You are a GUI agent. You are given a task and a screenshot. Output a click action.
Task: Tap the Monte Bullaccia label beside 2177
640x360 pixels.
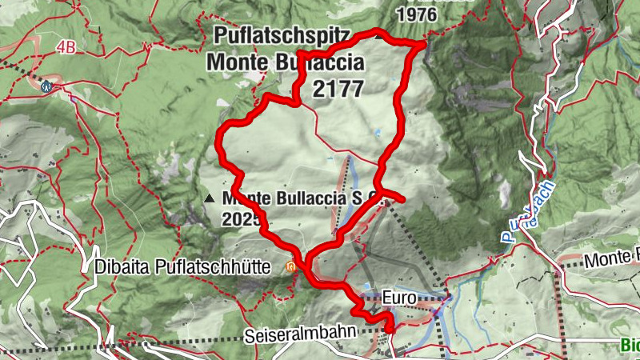[x=286, y=62]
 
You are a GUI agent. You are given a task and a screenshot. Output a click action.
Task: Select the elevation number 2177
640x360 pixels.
[x=338, y=89]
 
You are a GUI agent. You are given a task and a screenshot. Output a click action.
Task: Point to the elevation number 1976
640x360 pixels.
[x=417, y=14]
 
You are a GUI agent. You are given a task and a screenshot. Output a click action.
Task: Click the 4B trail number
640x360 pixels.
[x=66, y=48]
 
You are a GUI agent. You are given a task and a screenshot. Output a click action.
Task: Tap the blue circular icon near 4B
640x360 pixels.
[x=46, y=83]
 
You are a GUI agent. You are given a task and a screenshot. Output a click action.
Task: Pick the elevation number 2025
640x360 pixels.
[x=243, y=217]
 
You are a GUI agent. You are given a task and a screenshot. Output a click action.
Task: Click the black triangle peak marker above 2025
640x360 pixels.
[x=210, y=197]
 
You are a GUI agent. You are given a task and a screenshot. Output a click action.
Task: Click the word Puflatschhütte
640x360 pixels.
[x=232, y=266]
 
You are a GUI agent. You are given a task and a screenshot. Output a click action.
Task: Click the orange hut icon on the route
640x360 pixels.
[x=294, y=266]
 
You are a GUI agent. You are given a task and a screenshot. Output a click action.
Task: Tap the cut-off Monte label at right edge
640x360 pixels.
[x=612, y=259]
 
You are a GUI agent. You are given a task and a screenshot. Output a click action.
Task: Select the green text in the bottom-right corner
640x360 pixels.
[x=630, y=346]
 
